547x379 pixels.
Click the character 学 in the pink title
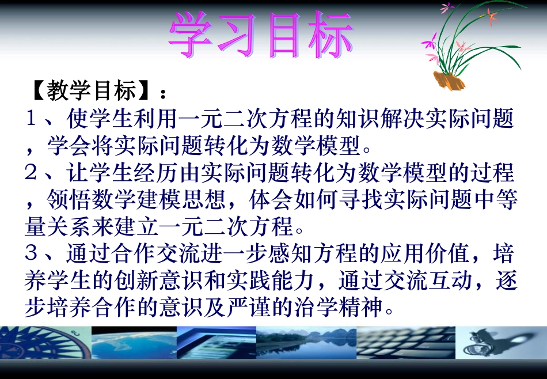tap(192, 36)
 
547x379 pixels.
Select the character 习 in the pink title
tap(238, 36)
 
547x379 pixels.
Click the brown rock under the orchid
tap(449, 80)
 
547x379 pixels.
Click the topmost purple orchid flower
tap(446, 7)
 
